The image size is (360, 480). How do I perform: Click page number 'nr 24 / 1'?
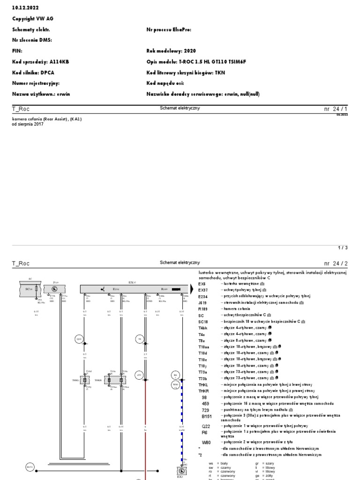(336, 109)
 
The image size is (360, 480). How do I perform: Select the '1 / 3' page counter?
(343, 247)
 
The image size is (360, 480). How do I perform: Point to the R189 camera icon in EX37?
(176, 290)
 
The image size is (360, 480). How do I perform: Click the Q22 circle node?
(79, 338)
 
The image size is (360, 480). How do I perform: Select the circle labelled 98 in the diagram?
(140, 338)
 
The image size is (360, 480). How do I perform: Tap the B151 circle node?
(30, 467)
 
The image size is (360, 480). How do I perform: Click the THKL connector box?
(85, 381)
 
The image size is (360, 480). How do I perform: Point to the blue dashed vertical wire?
(181, 422)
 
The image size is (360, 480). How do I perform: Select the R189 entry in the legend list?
(203, 309)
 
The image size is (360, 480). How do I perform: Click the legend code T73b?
(203, 378)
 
